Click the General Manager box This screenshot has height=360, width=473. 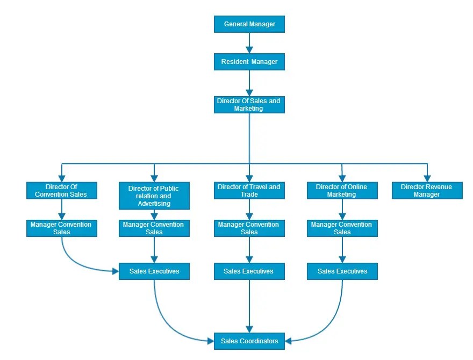tap(249, 24)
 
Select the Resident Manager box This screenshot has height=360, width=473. tap(249, 62)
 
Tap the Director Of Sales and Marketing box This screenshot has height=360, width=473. tap(249, 104)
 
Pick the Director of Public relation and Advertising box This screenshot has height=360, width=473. tap(154, 196)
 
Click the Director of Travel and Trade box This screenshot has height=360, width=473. tap(249, 191)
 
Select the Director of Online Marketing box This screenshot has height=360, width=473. tap(342, 191)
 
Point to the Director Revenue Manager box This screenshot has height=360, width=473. tap(427, 191)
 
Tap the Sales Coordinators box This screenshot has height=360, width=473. tap(249, 341)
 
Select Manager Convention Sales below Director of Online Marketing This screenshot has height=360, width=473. tap(342, 228)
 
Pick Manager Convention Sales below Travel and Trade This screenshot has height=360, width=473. tap(249, 228)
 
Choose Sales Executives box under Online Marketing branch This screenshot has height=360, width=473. tap(342, 271)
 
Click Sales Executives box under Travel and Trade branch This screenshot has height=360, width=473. tap(249, 271)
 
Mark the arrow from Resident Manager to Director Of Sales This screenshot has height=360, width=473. tap(249, 83)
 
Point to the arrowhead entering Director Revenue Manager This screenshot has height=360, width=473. tap(427, 178)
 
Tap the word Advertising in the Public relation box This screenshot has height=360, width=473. tap(154, 204)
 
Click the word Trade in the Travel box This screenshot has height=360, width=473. tap(249, 195)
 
